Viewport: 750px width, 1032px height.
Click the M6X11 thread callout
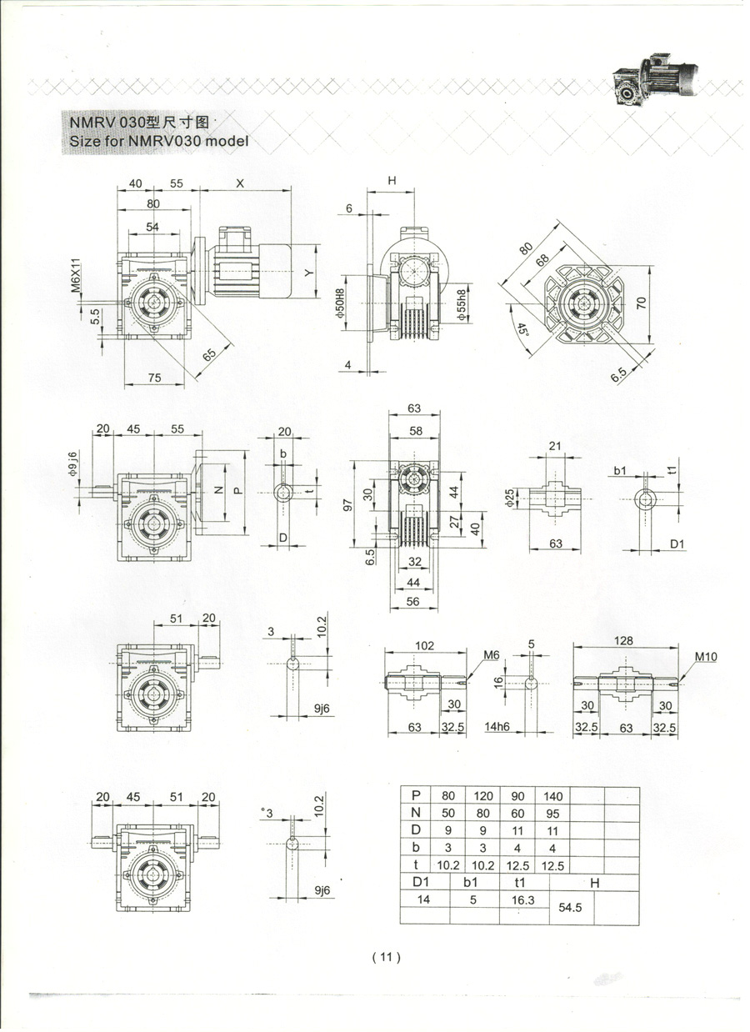tap(76, 276)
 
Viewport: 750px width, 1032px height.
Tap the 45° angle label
tap(521, 330)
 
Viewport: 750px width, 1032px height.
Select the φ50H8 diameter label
tap(340, 303)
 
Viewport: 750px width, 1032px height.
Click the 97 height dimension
tap(348, 505)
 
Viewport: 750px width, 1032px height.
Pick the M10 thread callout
tap(706, 657)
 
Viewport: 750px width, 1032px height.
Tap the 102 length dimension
tap(424, 645)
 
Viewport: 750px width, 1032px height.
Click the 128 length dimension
tap(623, 640)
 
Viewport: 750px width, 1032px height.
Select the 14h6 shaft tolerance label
tap(497, 727)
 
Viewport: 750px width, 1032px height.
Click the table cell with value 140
tap(552, 796)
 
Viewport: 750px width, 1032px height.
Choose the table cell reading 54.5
tap(570, 907)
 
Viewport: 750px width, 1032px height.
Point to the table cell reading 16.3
tap(522, 899)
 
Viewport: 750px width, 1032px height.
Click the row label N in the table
tap(416, 813)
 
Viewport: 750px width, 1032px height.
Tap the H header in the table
tap(594, 883)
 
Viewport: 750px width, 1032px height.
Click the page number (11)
tap(387, 957)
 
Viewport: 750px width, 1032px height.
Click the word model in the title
tap(227, 141)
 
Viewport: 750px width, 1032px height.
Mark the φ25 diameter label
tap(510, 498)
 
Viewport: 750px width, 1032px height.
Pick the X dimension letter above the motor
tap(240, 183)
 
